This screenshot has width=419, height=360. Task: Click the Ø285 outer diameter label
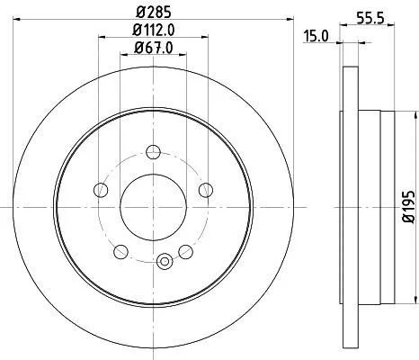point(154,13)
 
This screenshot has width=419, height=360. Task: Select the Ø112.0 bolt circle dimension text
point(154,30)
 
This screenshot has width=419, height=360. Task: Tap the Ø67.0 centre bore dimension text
point(154,48)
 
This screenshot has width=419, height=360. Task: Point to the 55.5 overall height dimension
point(370,18)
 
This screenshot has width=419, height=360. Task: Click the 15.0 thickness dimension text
point(316,36)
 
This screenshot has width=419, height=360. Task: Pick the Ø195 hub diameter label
point(409,207)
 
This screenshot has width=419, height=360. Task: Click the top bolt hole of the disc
point(154,152)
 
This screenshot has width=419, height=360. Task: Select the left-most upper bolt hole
point(101,190)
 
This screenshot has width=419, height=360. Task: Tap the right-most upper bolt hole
point(206,190)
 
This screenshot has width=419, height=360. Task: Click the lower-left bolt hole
point(121,251)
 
